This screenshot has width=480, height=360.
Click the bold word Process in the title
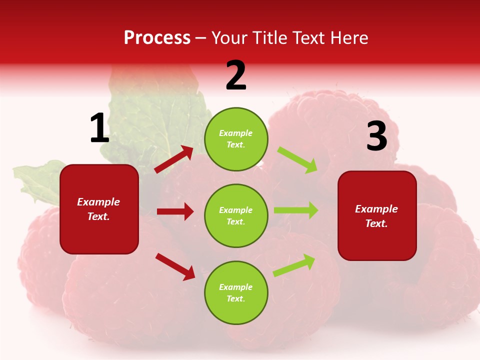[x=157, y=38]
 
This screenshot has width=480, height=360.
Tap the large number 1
[x=99, y=128]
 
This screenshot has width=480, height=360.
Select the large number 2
[x=236, y=75]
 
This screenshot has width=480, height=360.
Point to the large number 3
[x=376, y=136]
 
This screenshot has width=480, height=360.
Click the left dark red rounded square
[x=99, y=209]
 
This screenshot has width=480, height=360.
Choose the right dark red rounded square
[x=377, y=216]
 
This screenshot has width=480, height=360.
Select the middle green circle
[x=236, y=216]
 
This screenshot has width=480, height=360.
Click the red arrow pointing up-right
[x=174, y=159]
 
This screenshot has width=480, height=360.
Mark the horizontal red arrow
[x=175, y=211]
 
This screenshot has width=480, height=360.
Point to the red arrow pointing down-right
[x=175, y=266]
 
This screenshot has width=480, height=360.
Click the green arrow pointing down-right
[x=297, y=160]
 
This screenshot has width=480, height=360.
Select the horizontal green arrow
[x=296, y=210]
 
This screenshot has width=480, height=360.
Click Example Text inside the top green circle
[x=236, y=139]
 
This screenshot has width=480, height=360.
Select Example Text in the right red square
[x=376, y=216]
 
